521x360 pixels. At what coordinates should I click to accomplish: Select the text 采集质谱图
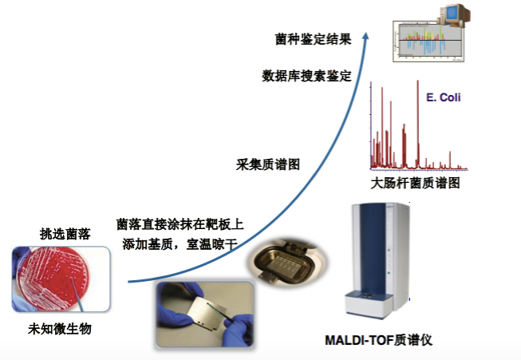tap(268, 164)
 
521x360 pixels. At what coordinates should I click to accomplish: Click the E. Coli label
tap(444, 98)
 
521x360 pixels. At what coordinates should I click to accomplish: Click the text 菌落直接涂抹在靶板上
tap(180, 224)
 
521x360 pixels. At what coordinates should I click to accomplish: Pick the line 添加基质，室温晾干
tap(177, 243)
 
